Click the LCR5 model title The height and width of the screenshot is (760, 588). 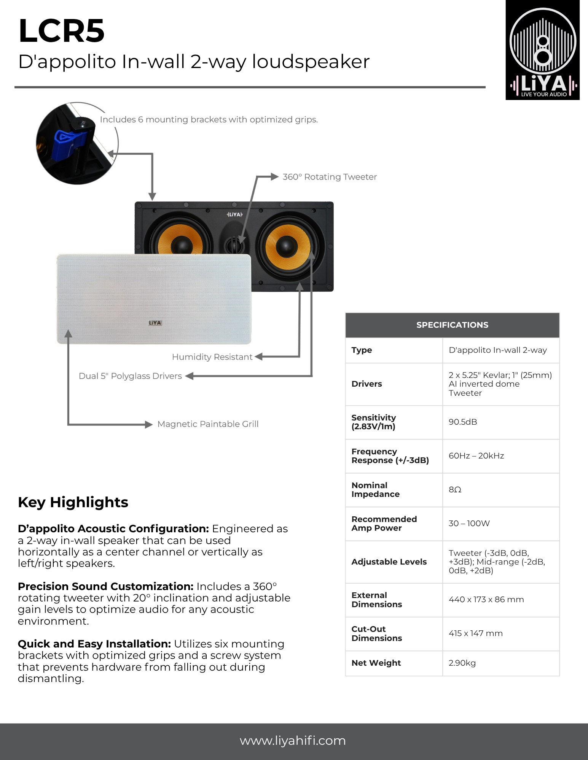[x=61, y=31]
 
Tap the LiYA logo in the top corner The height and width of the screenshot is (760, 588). [x=542, y=50]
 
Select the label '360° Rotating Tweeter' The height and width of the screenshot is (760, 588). [x=330, y=177]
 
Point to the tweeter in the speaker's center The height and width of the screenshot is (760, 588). [x=234, y=245]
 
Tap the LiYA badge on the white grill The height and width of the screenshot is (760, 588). [x=155, y=323]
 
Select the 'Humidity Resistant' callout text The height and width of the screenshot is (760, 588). [x=212, y=357]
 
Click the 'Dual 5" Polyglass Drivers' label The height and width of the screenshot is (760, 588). [x=130, y=376]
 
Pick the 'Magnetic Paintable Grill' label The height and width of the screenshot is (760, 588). [x=208, y=424]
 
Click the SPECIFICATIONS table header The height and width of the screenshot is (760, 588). [x=452, y=325]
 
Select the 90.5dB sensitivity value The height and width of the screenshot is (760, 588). [x=463, y=422]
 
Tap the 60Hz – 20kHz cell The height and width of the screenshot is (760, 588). [x=476, y=456]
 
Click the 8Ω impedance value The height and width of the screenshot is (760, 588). [x=455, y=490]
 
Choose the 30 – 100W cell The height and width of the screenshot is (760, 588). [x=469, y=524]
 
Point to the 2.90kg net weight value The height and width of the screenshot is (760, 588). [x=462, y=663]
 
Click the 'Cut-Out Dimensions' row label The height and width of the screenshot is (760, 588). [x=376, y=633]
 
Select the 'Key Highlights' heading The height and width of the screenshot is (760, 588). [x=73, y=502]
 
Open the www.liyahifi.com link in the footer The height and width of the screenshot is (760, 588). [x=293, y=741]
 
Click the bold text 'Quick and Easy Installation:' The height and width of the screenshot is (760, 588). [x=94, y=644]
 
